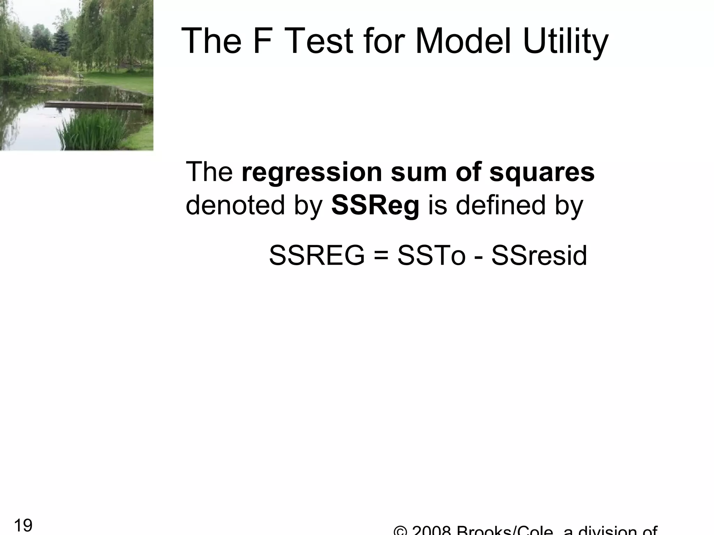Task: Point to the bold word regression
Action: tap(312, 173)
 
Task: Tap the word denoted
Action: tap(236, 205)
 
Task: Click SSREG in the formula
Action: tap(317, 256)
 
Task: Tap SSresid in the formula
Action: tap(539, 256)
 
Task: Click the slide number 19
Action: tap(23, 525)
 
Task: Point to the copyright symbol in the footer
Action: tap(401, 531)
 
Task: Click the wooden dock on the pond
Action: tap(94, 104)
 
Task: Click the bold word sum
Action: tap(419, 173)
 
